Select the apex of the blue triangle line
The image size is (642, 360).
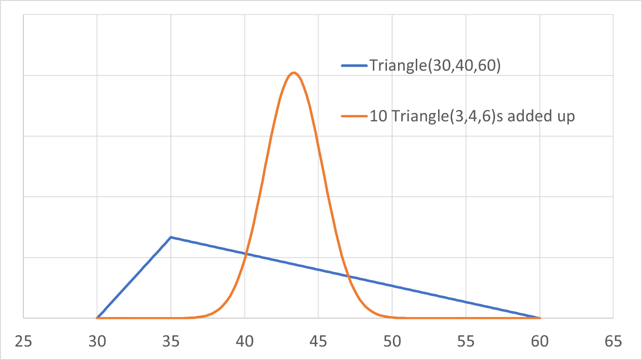(171, 237)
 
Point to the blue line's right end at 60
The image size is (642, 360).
(540, 318)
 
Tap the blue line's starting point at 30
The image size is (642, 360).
(97, 318)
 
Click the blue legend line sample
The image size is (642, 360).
(355, 66)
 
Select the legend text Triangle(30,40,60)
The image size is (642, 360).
(435, 66)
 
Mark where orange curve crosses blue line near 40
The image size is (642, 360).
(245, 254)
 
